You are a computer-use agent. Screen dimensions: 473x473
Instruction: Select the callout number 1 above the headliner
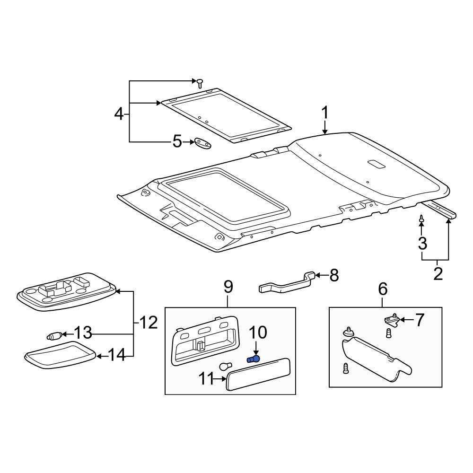(x=324, y=114)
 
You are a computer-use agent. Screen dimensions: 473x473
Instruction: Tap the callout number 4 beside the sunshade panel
(x=119, y=114)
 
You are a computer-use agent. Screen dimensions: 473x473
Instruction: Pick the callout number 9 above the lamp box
(x=228, y=287)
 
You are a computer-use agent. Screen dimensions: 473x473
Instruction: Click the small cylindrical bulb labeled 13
(x=53, y=336)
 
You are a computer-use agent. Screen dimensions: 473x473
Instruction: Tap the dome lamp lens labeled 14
(x=60, y=354)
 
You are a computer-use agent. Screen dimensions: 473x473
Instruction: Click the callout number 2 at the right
(x=438, y=273)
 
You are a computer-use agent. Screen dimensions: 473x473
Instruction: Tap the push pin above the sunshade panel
(x=200, y=83)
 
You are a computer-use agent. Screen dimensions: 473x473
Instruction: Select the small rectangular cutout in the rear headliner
(x=376, y=164)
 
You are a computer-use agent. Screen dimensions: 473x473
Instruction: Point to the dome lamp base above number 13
(x=66, y=292)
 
